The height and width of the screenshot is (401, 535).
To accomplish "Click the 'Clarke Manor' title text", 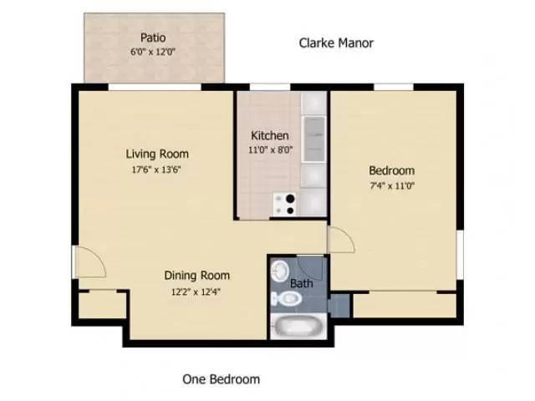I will click(336, 43).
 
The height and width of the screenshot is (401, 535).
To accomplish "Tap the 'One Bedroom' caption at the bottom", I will click(221, 379).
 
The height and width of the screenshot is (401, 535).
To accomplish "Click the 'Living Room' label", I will click(157, 154).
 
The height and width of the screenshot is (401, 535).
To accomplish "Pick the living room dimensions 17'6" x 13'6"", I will click(157, 170).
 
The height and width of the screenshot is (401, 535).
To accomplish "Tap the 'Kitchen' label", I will click(270, 135).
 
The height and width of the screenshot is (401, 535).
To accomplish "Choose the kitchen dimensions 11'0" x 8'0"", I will click(270, 151).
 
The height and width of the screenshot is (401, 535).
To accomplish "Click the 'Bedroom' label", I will click(392, 170).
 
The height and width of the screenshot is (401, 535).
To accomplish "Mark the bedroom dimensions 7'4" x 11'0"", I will click(392, 186).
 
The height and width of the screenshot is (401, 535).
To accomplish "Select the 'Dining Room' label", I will click(196, 276).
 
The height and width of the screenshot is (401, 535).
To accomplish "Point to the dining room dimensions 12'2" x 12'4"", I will click(196, 292).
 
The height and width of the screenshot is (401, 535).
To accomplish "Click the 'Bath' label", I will click(300, 283).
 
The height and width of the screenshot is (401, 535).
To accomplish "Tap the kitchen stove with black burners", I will click(285, 203).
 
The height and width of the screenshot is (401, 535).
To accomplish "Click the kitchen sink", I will click(314, 138).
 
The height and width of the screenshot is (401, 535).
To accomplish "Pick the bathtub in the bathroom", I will click(297, 326).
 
